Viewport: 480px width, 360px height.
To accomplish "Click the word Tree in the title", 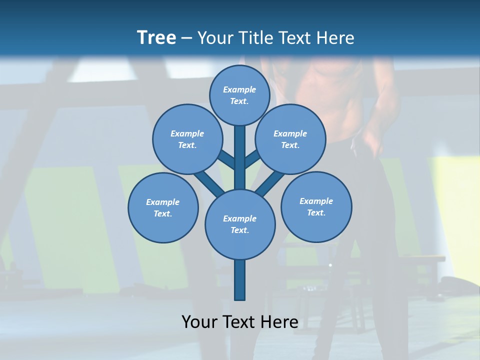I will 156,37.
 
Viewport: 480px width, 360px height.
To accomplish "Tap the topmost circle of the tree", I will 239,95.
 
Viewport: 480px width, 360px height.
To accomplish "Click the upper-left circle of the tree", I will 187,139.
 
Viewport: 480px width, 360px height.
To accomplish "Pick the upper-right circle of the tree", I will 290,139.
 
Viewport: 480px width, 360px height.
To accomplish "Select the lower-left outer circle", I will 163,207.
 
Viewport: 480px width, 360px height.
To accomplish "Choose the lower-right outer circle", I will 316,206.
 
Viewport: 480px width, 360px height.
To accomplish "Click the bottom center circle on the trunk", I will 240,224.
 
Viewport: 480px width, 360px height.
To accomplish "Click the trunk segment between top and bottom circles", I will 240,157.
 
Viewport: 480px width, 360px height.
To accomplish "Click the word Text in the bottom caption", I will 239,322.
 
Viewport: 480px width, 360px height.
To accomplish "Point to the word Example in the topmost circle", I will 239,89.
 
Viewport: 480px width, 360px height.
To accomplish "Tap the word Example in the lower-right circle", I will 316,201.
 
